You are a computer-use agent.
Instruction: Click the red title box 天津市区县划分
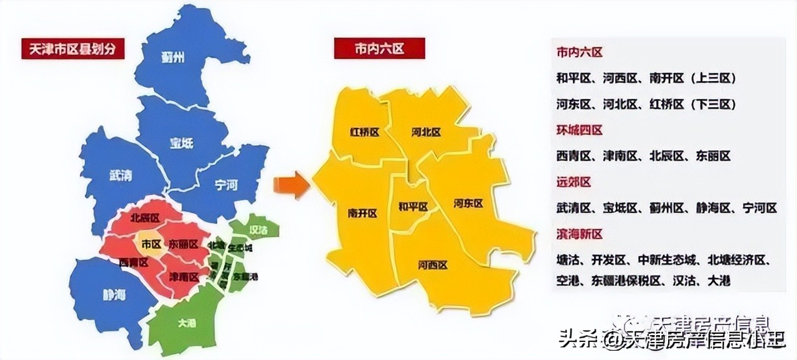(73, 49)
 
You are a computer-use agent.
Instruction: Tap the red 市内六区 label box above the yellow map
(379, 48)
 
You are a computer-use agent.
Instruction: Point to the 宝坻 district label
(181, 143)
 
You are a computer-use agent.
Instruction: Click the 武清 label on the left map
(120, 176)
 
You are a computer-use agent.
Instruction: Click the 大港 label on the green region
(186, 323)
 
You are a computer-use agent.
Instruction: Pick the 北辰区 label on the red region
(145, 218)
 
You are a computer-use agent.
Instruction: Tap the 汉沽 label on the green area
(258, 230)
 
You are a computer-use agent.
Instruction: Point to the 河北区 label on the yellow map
(426, 132)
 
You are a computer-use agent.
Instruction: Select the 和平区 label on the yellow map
(413, 206)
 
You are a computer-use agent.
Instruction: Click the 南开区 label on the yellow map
(362, 213)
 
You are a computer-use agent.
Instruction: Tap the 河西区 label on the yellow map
(433, 265)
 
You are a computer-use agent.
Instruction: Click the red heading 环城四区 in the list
(579, 130)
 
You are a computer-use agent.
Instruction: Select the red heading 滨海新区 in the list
(579, 234)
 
